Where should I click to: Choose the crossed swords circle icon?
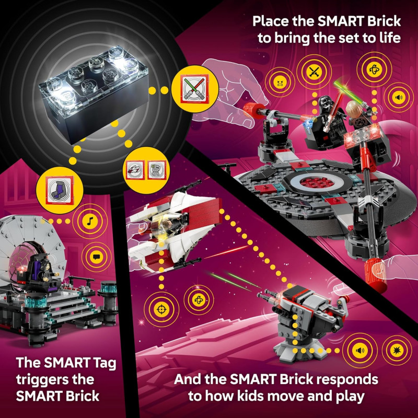313,73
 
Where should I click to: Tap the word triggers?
43,379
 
